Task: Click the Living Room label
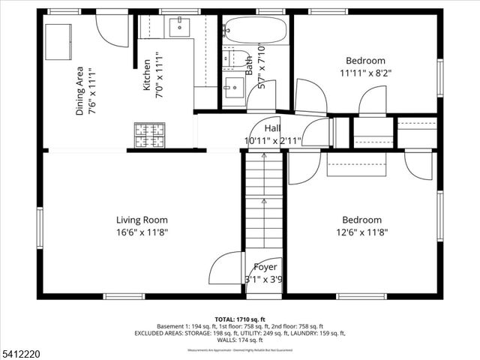point(141,220)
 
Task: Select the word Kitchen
point(147,76)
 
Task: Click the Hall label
point(272,128)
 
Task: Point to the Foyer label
point(265,267)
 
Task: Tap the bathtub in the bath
point(254,31)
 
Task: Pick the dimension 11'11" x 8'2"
point(365,73)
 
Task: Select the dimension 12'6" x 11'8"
point(361,232)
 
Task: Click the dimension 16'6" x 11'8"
point(141,232)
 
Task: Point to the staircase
point(262,202)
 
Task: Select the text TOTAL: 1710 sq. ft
point(239,319)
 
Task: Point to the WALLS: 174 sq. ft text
point(239,340)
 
